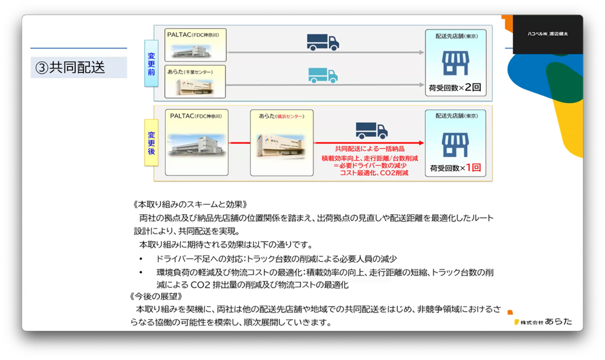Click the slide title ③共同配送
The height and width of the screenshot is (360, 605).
click(70, 68)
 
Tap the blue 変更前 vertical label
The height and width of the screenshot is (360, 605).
click(151, 64)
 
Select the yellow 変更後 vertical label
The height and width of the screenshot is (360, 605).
click(151, 143)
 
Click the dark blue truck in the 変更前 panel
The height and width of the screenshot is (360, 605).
click(323, 42)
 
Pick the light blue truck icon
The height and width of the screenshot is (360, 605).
click(323, 75)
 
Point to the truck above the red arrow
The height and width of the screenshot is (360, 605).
click(371, 130)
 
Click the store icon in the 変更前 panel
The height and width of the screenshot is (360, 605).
click(455, 63)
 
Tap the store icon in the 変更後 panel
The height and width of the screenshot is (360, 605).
click(455, 144)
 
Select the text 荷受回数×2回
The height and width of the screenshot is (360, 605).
click(455, 88)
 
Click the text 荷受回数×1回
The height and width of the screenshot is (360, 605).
click(455, 168)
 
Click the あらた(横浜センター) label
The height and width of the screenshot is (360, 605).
click(281, 116)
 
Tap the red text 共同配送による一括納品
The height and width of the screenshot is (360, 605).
click(369, 148)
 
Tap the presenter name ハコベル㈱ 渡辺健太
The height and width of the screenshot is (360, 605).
click(547, 34)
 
